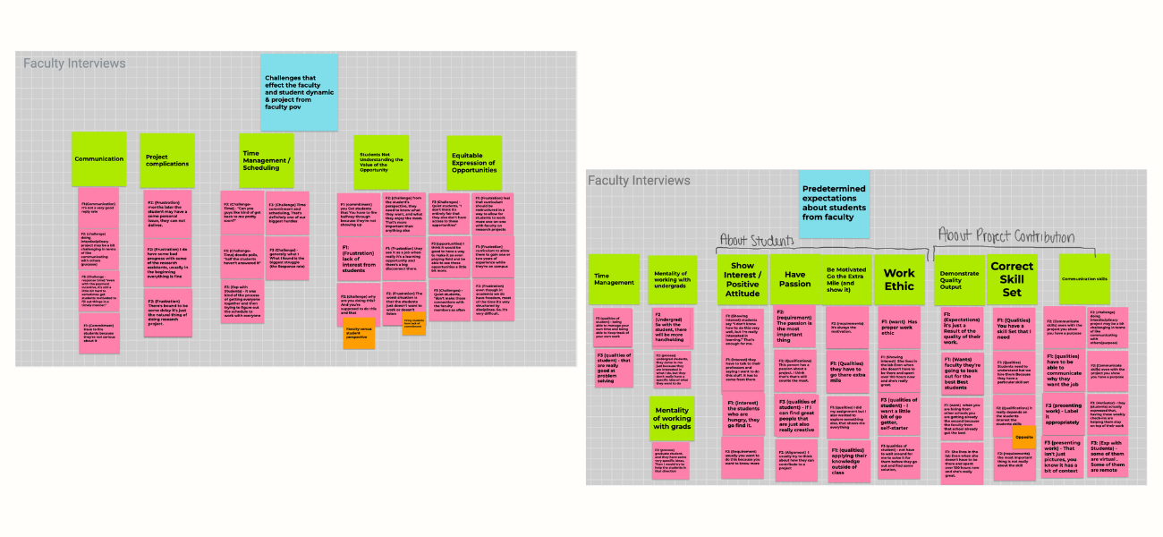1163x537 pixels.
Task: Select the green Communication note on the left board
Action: pos(98,158)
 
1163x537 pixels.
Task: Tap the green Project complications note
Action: pos(166,160)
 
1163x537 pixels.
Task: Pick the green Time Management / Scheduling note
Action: pos(267,160)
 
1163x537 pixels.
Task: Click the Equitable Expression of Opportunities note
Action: pos(473,163)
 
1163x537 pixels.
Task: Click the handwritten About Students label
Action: pos(758,241)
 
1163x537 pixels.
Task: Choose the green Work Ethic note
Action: pos(899,279)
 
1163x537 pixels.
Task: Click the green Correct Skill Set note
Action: pos(1011,279)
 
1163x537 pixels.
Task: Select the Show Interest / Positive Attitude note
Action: pos(743,279)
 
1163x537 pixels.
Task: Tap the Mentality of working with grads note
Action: pos(673,418)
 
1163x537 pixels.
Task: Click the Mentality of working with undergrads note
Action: pos(671,279)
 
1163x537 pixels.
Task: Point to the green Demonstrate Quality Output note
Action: pos(958,279)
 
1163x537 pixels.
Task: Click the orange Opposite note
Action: pos(1024,438)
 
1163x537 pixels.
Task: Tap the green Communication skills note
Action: pos(1084,279)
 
